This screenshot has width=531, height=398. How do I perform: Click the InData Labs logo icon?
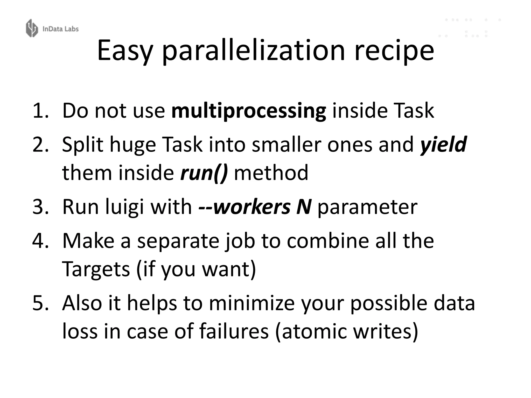tap(32, 28)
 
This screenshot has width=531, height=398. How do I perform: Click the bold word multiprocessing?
tap(249, 111)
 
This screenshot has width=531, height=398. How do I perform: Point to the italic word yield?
tap(443, 144)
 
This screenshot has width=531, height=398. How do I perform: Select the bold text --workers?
tap(244, 207)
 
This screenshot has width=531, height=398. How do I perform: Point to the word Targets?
tap(96, 269)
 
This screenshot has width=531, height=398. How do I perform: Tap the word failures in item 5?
tap(234, 331)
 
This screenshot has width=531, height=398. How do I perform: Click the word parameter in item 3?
tap(367, 208)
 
